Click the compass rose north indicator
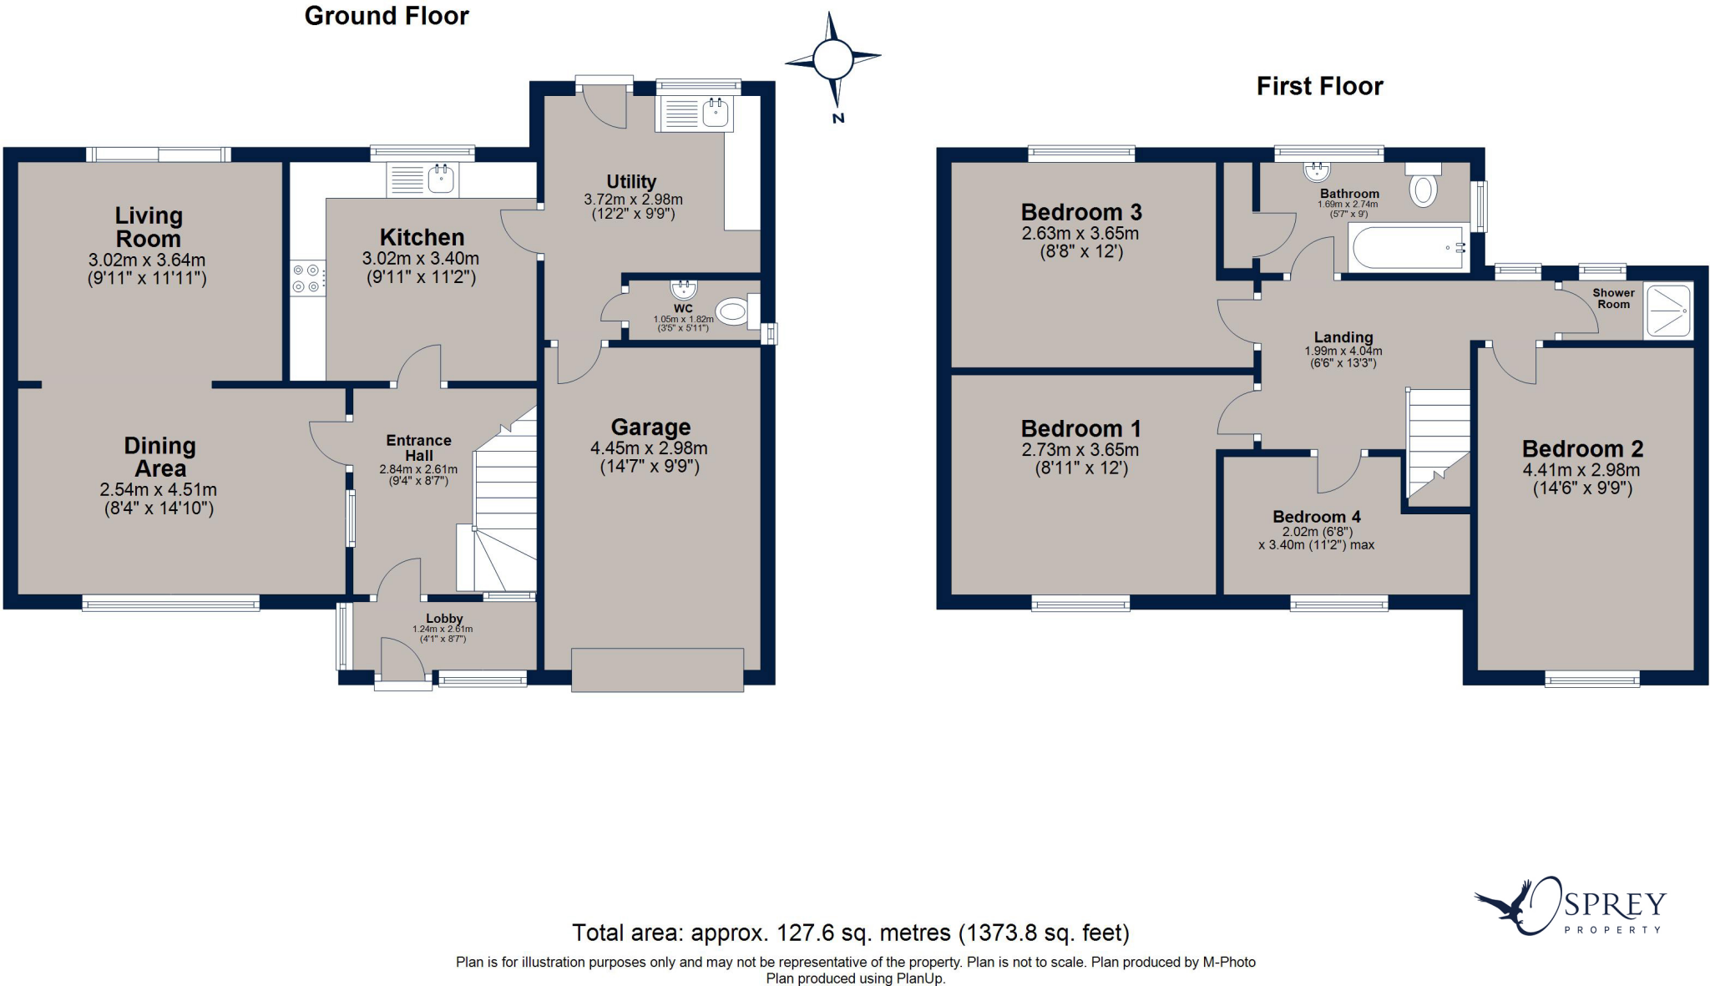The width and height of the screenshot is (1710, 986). tap(832, 62)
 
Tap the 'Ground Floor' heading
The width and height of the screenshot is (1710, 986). tap(387, 16)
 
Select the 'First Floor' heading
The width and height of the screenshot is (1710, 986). tap(1319, 86)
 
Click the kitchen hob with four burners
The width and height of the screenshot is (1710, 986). tap(306, 278)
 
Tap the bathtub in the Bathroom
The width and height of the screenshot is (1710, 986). tap(1409, 248)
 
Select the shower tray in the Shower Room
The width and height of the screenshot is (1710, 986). tap(1667, 311)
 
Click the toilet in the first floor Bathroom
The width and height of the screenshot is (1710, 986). tap(1423, 184)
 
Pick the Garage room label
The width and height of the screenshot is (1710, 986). tap(650, 427)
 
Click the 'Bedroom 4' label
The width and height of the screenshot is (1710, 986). tap(1316, 517)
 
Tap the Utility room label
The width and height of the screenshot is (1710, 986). tap(631, 181)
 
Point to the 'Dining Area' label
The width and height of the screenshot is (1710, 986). tap(159, 457)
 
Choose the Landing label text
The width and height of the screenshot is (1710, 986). tap(1343, 337)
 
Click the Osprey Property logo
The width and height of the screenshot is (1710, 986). tap(1571, 906)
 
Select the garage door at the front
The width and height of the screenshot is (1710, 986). tap(657, 670)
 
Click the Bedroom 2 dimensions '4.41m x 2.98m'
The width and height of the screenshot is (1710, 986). tap(1581, 470)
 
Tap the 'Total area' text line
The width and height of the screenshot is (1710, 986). tap(850, 933)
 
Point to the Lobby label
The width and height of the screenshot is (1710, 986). tap(443, 619)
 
